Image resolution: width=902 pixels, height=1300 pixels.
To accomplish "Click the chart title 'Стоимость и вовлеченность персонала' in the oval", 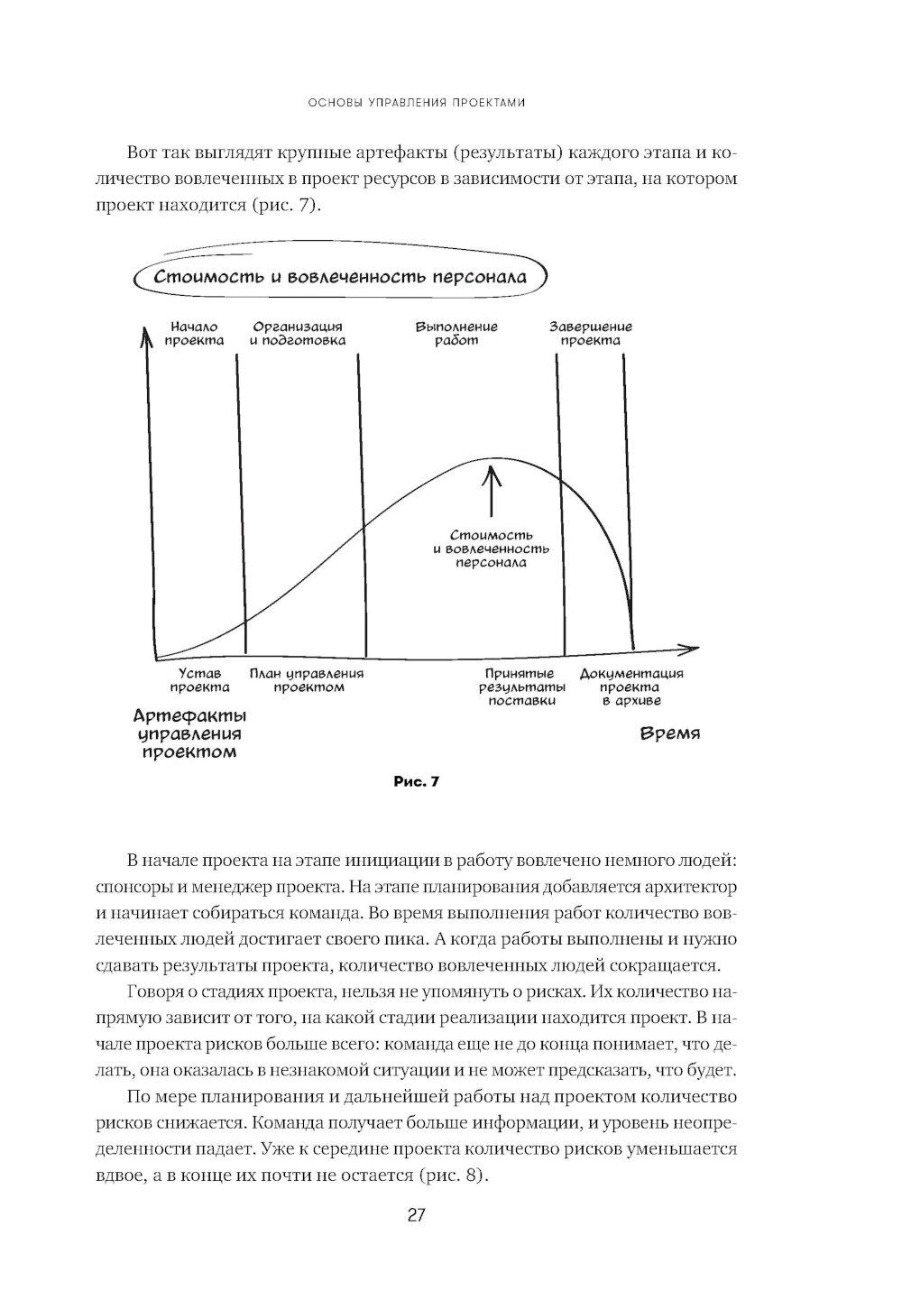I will click(x=340, y=277).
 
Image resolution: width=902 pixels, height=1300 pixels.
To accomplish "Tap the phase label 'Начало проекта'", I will click(x=194, y=334).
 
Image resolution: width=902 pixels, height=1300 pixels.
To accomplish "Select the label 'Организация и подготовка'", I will click(x=298, y=334).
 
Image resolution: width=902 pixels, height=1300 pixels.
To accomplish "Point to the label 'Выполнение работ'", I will click(x=456, y=334).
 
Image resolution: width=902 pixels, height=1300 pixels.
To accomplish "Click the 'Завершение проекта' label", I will click(x=591, y=334).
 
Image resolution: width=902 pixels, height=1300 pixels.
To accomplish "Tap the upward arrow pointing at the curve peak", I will click(x=492, y=492).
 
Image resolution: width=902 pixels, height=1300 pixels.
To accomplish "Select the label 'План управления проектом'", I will click(x=307, y=680).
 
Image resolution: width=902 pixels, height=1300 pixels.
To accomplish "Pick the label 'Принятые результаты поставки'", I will click(x=525, y=687).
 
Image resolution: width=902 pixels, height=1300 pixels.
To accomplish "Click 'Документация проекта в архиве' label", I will click(x=631, y=687).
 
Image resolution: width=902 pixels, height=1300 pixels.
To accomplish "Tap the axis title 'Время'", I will click(x=669, y=733).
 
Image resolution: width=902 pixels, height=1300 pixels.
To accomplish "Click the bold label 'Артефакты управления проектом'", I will click(x=190, y=733).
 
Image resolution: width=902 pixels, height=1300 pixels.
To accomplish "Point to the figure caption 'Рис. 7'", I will click(x=416, y=782).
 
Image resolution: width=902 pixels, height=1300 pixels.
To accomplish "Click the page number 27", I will click(x=416, y=1215).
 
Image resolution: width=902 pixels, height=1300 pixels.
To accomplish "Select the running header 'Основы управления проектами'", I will click(x=416, y=103).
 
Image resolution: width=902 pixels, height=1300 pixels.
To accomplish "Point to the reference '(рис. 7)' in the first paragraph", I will click(x=272, y=205).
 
